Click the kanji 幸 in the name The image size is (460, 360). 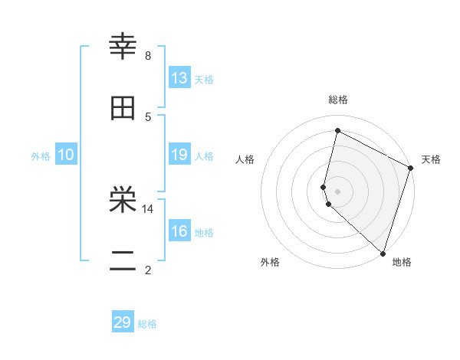tap(123, 48)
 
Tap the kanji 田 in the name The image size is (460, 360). tap(123, 108)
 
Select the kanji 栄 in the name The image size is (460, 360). tap(123, 201)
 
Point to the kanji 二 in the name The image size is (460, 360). tap(123, 261)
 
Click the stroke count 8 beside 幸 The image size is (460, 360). tap(148, 56)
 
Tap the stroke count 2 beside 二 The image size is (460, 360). tap(148, 270)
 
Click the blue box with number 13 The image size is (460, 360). tap(179, 78)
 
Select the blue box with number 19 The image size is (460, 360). tap(179, 155)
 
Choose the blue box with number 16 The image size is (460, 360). tap(179, 231)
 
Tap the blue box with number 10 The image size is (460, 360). tap(66, 155)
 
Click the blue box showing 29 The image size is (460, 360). tap(123, 322)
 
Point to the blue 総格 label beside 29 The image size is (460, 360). tap(147, 324)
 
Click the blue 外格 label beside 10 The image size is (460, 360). tap(41, 156)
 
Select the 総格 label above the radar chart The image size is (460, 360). tap(338, 100)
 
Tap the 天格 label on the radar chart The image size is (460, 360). tap(431, 159)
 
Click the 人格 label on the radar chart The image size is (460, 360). tap(245, 159)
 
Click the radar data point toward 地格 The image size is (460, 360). tap(383, 253)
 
